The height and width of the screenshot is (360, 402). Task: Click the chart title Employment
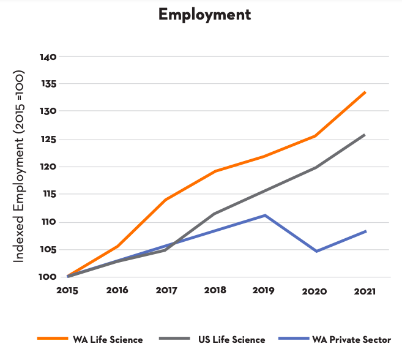point(204,15)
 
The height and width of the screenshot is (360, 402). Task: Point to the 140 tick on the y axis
point(48,57)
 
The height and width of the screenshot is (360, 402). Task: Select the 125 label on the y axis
point(48,140)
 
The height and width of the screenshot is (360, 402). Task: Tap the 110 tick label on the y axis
point(48,222)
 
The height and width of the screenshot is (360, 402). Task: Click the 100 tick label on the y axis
point(48,277)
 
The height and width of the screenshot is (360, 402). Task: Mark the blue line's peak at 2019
point(265,215)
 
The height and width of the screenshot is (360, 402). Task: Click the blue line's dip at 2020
point(316,251)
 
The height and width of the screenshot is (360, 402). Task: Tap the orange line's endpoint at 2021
point(365,92)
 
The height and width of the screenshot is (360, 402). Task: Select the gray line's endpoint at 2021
point(365,134)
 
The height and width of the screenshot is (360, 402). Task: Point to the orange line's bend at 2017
point(165,200)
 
